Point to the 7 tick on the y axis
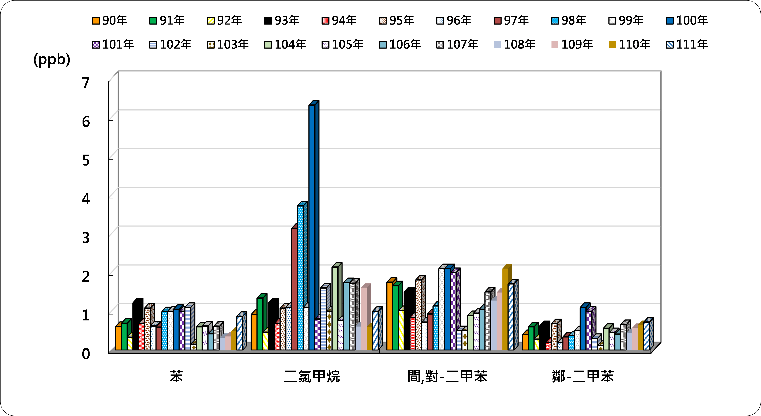86,83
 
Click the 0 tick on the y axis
86,354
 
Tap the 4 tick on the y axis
86,199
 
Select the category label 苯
176,376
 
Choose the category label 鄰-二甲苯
583,376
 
